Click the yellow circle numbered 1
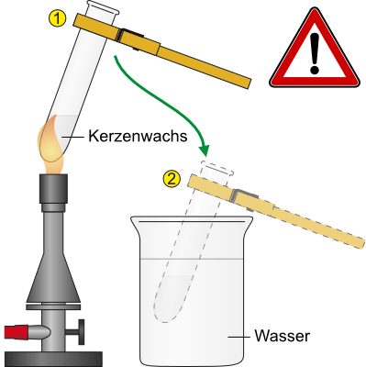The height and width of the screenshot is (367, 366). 57,18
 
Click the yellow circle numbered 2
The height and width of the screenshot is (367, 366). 172,179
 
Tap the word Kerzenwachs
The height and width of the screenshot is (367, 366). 138,136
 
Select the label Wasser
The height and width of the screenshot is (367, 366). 282,336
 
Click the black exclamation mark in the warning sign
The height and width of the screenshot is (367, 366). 315,54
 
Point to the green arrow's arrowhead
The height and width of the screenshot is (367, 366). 204,150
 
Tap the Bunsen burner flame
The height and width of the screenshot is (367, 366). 51,144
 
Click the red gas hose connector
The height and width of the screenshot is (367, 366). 17,332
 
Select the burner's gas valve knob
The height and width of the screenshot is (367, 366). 82,332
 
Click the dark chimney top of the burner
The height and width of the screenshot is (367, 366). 53,188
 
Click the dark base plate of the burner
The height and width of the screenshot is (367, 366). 53,359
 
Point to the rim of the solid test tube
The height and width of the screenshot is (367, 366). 103,6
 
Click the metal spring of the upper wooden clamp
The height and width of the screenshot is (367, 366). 130,39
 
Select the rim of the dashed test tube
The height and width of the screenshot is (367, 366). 216,168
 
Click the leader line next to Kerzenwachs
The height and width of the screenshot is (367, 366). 72,138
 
